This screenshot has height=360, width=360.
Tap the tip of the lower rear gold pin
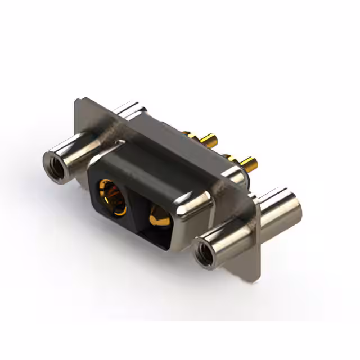pos(255,165)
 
